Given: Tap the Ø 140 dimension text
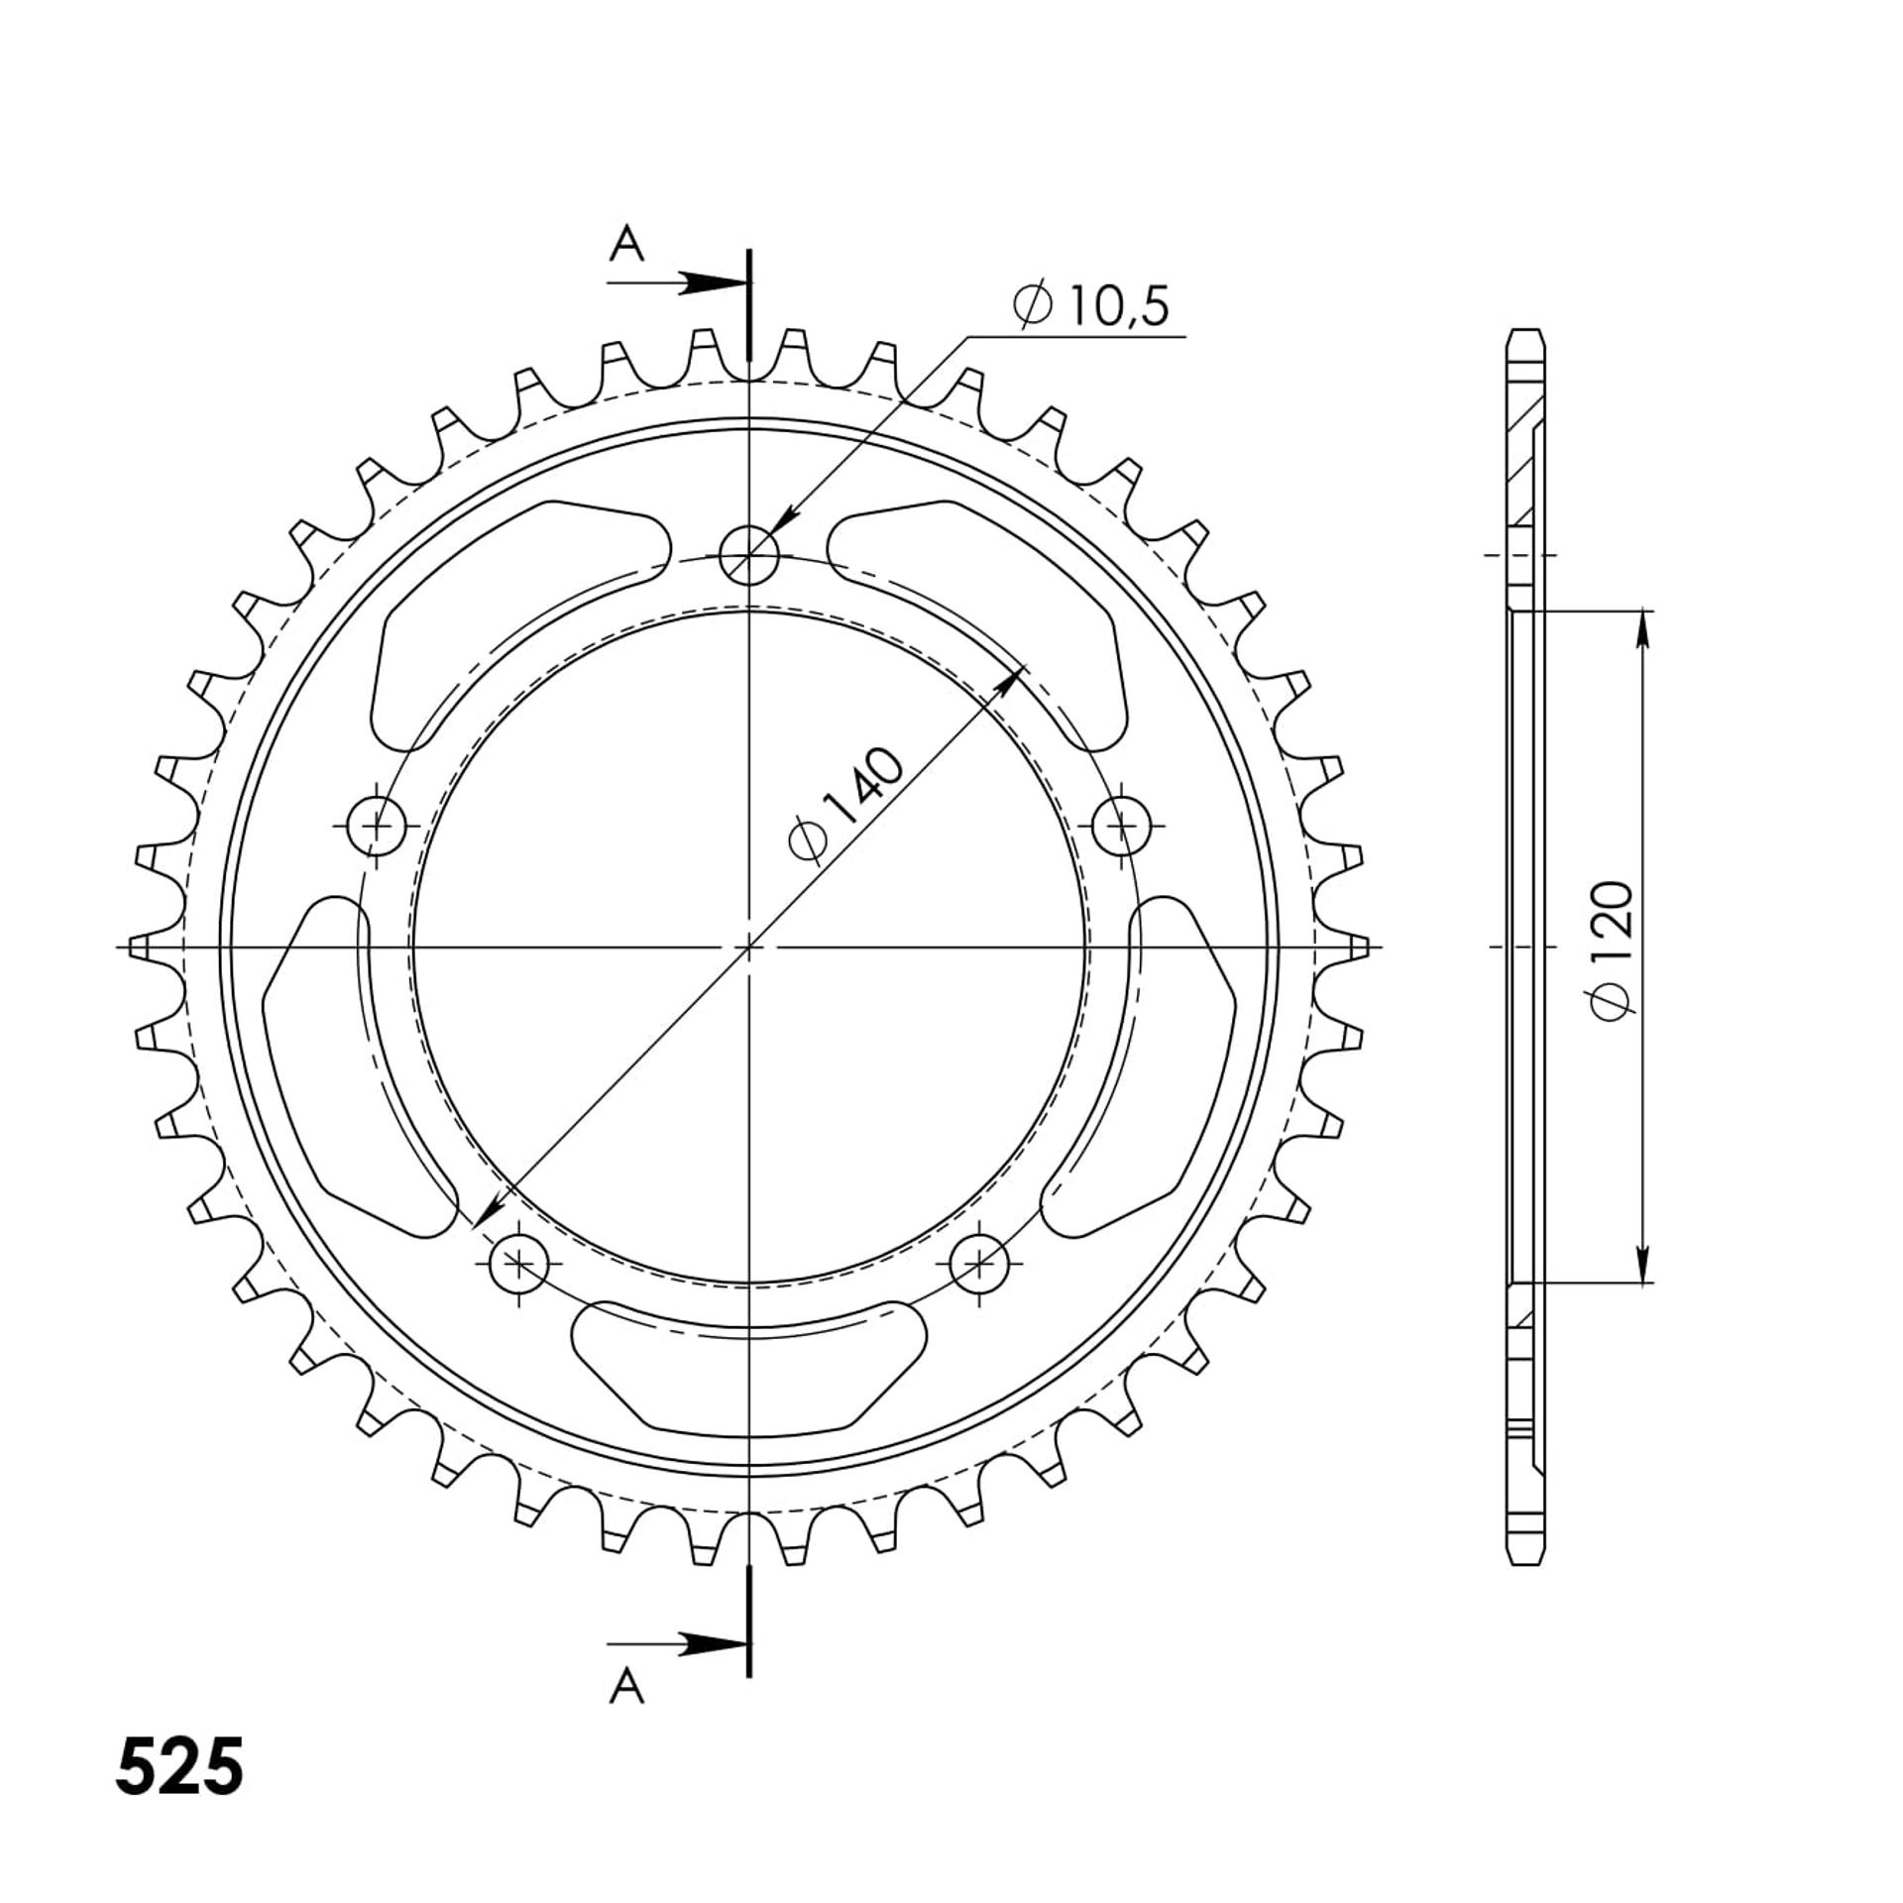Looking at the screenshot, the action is (845, 806).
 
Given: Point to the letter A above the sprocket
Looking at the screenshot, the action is (626, 243).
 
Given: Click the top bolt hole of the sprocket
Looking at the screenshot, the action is (749, 554).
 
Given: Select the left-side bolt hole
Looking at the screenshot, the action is (378, 824).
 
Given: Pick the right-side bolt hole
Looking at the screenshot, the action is (1122, 824).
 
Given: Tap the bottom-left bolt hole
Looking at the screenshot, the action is (519, 1263).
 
